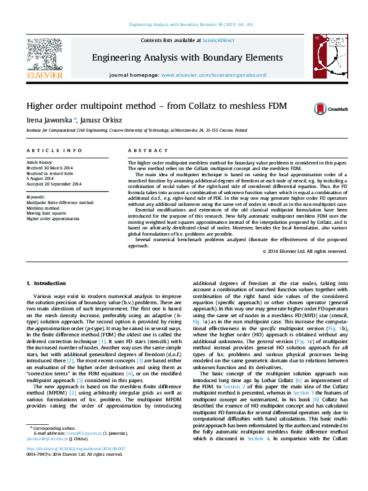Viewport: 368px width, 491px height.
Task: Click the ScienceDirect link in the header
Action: pyautogui.click(x=219, y=40)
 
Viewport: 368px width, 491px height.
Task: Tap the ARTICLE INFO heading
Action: pyautogui.click(x=54, y=150)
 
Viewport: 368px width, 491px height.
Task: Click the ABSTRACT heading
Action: pyautogui.click(x=139, y=150)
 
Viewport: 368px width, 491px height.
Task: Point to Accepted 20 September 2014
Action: pyautogui.click(x=54, y=184)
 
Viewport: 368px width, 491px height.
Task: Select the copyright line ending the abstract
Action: pyautogui.click(x=305, y=252)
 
